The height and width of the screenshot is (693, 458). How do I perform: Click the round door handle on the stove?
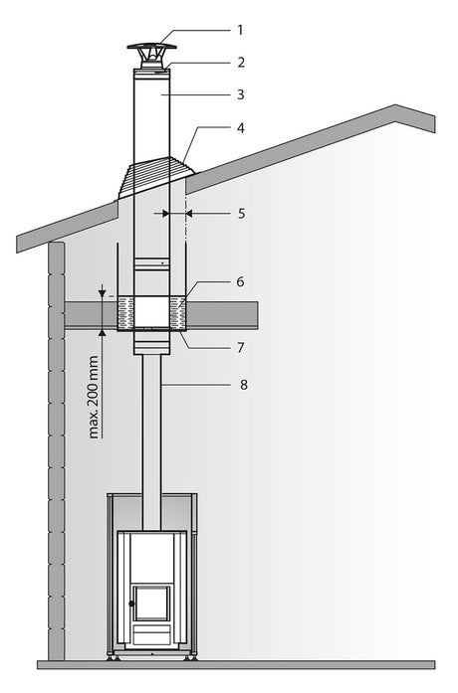click(131, 604)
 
